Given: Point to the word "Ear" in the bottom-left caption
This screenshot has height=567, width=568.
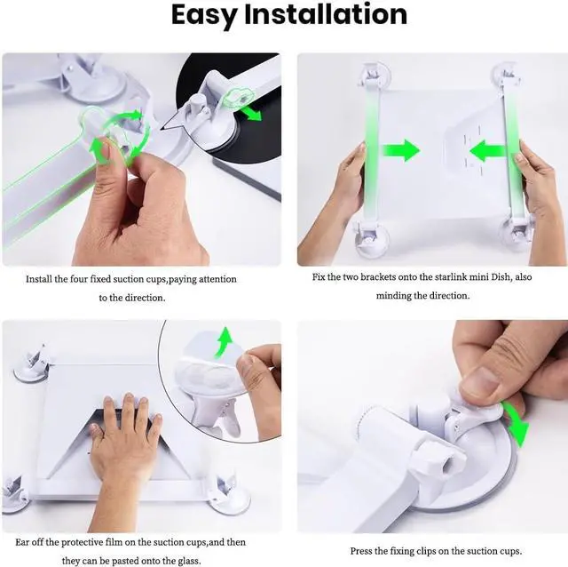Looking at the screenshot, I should (x=25, y=542).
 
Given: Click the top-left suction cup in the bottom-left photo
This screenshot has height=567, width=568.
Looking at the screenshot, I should (x=34, y=364).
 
